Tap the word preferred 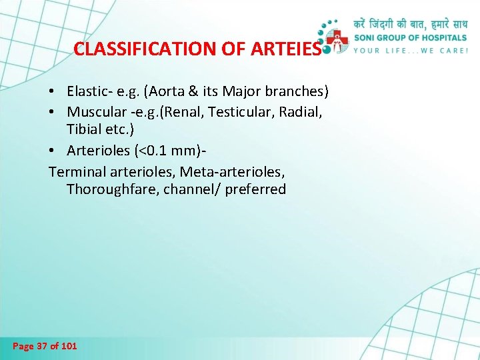click(x=255, y=189)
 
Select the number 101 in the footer click(x=68, y=346)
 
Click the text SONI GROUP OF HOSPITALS click(x=410, y=38)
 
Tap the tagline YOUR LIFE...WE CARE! click(x=410, y=51)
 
